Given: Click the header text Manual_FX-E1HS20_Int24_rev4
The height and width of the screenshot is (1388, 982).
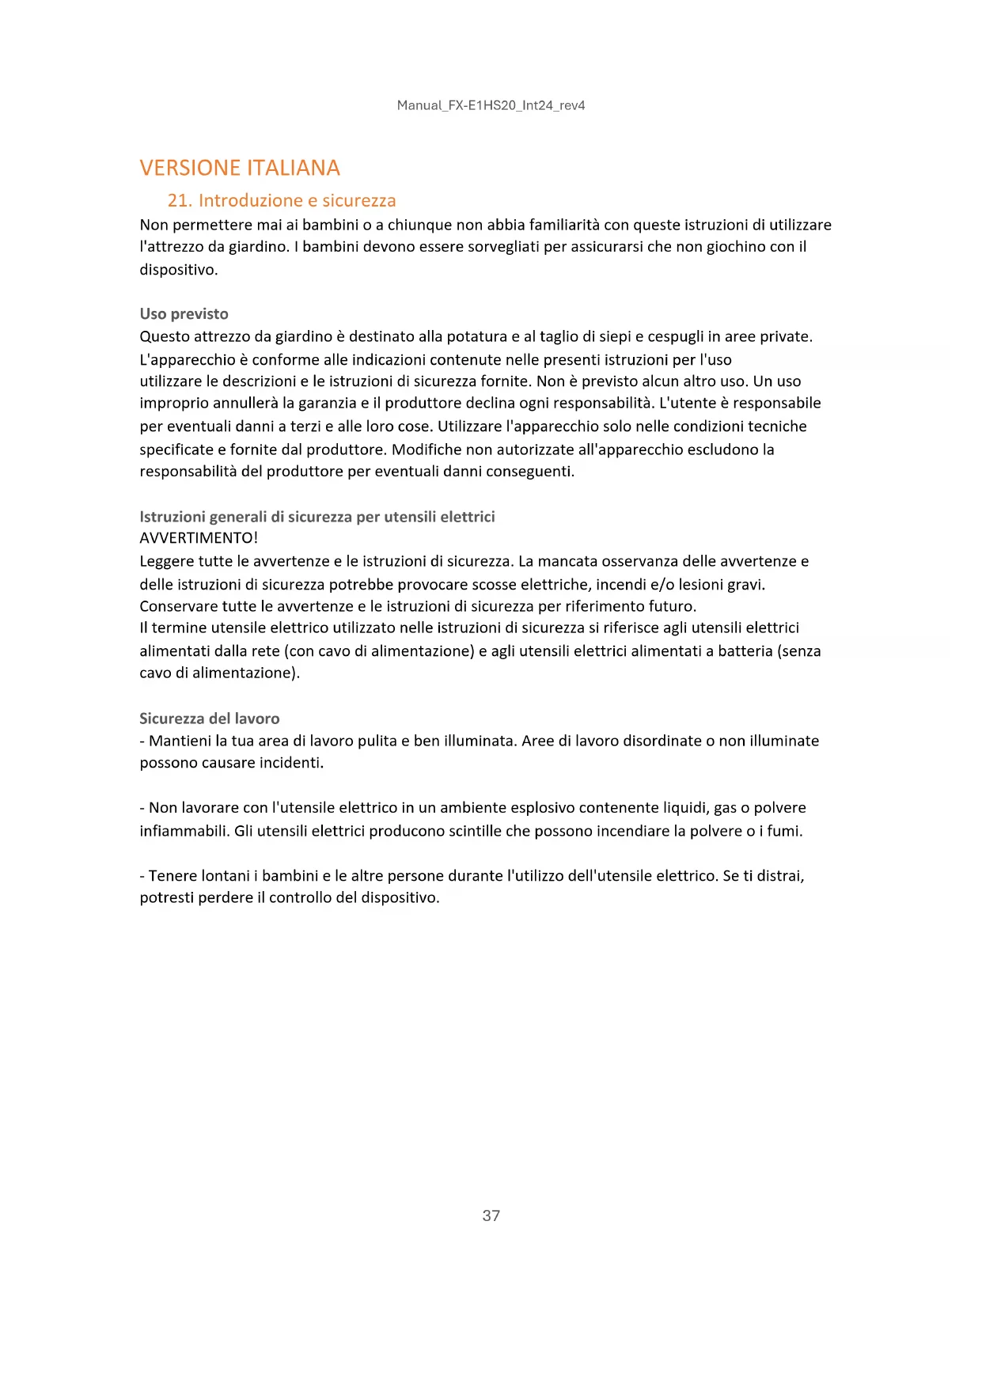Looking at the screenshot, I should click(x=491, y=105).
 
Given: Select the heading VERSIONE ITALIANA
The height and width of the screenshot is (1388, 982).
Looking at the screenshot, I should click(x=240, y=168).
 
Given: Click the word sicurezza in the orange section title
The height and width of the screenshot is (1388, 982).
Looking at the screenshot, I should click(x=358, y=200).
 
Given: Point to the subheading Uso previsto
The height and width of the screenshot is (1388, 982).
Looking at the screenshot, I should click(x=184, y=313).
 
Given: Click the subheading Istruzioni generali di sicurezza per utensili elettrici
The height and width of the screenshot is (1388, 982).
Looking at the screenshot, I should click(x=317, y=517).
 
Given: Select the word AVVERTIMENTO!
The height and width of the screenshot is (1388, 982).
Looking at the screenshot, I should click(x=199, y=538).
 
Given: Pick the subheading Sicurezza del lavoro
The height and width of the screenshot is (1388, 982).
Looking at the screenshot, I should click(x=209, y=719).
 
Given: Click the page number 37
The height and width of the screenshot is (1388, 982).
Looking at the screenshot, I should click(x=491, y=1215).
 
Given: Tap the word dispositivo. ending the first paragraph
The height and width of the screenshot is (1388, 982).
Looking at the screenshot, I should click(x=178, y=270).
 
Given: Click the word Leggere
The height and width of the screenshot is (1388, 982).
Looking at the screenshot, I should click(x=167, y=561).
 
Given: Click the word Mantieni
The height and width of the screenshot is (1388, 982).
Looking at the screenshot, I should click(x=180, y=741).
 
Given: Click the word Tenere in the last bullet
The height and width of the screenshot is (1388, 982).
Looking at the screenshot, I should click(x=172, y=876).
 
